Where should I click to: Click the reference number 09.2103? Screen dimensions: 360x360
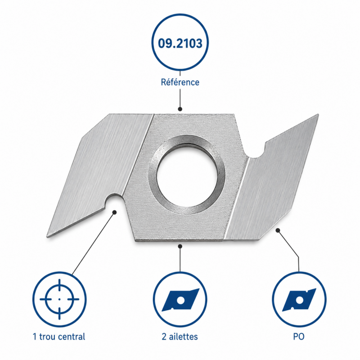180,43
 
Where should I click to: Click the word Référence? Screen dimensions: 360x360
180,82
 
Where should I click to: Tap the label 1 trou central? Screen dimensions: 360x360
59,337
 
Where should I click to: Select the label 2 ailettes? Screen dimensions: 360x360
180,337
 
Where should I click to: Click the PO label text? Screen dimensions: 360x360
299,337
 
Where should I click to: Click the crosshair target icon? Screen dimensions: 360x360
59,299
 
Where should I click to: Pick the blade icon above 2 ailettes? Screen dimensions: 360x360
180,300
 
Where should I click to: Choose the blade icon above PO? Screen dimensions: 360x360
299,300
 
